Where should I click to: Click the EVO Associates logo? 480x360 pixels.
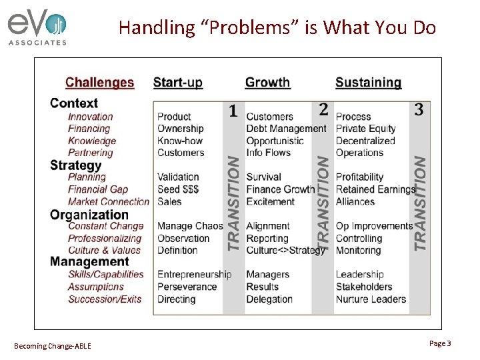click(37, 28)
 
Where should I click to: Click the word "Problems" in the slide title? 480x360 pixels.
click(231, 27)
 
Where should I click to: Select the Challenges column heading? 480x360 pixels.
click(99, 83)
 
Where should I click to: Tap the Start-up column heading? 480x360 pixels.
click(177, 83)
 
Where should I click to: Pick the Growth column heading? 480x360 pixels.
click(267, 83)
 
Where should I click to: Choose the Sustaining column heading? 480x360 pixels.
click(368, 83)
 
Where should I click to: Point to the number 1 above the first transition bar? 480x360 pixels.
click(233, 111)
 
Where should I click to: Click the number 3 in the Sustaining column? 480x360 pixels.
click(419, 110)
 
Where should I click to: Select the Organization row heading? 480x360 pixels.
click(89, 215)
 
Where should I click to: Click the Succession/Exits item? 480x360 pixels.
click(105, 299)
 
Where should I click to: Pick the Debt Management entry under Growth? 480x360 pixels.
click(286, 129)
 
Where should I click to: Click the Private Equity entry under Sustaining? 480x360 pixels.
click(365, 129)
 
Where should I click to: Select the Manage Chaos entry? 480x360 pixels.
click(190, 226)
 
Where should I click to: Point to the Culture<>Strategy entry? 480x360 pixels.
click(286, 251)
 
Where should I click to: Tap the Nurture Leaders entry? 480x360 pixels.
click(371, 299)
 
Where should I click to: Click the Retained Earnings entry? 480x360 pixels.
click(375, 189)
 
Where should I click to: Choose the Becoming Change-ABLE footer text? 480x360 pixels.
click(53, 345)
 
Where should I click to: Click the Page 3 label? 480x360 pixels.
click(440, 343)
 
